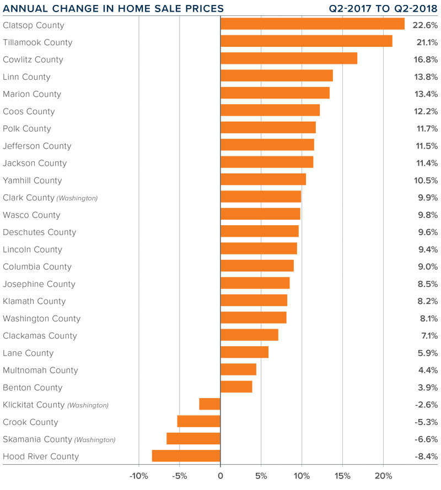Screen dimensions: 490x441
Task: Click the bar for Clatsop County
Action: point(312,24)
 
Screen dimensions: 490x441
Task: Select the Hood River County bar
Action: point(186,456)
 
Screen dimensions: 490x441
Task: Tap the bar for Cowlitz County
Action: point(289,59)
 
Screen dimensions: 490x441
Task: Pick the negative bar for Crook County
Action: point(199,422)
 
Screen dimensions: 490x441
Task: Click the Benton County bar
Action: point(236,387)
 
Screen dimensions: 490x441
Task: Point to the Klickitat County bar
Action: point(210,404)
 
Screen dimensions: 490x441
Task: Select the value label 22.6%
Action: point(427,25)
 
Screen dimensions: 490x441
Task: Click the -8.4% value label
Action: point(426,456)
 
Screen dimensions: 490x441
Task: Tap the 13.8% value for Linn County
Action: point(427,77)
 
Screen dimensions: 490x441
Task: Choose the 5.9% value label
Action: point(428,353)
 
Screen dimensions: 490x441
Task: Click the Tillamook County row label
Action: point(37,42)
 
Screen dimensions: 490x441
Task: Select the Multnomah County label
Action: point(40,370)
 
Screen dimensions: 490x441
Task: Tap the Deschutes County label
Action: point(39,232)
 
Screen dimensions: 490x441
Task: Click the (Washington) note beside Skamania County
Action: point(95,440)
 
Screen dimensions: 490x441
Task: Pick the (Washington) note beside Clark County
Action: point(77,198)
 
